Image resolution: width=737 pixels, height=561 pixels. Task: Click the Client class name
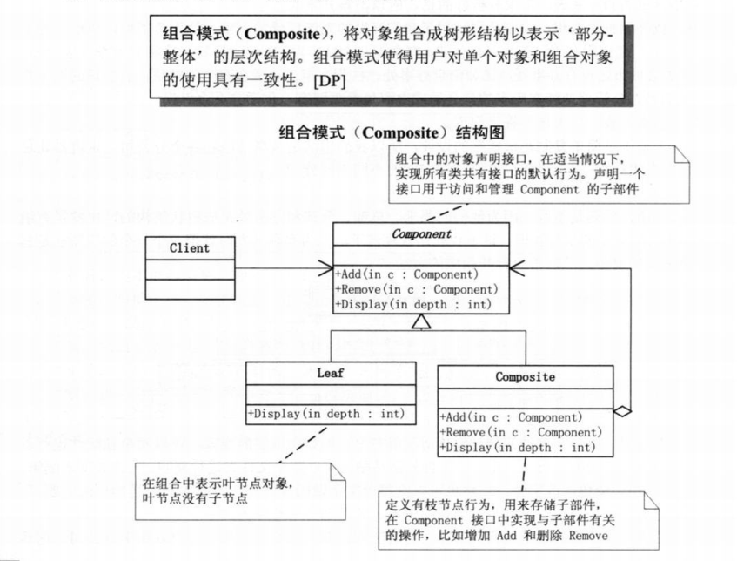click(189, 247)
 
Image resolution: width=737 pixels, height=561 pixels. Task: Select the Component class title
click(421, 234)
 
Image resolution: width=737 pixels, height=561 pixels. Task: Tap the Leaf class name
click(331, 373)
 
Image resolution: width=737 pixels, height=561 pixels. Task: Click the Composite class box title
click(525, 377)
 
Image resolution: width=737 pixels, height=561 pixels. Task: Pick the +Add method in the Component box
click(406, 274)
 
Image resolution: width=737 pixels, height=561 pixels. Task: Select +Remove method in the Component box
click(416, 288)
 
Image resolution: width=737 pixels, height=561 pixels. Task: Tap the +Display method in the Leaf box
click(326, 413)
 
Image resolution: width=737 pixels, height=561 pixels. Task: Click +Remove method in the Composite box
click(520, 432)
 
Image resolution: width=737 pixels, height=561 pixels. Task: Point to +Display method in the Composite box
click(518, 448)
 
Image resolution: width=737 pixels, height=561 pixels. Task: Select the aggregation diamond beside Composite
click(621, 409)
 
